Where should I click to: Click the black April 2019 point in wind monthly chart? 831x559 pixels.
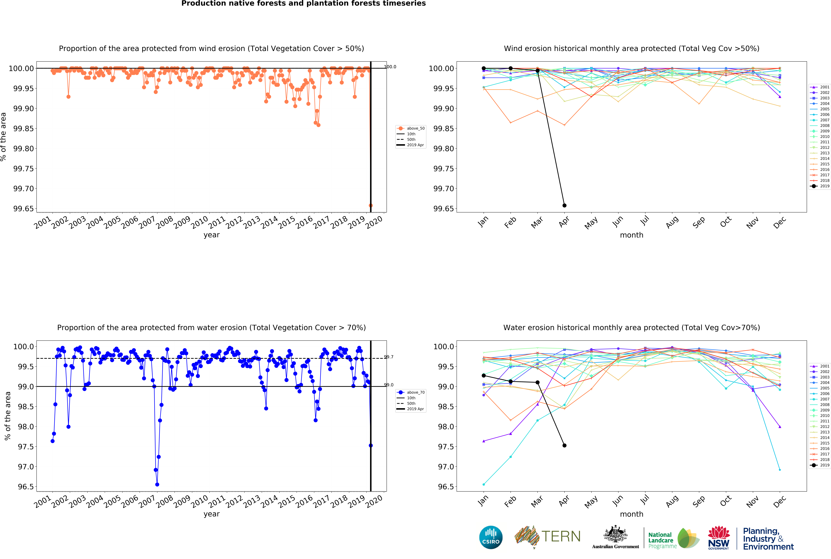pyautogui.click(x=564, y=205)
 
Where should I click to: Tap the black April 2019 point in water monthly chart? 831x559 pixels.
pyautogui.click(x=564, y=445)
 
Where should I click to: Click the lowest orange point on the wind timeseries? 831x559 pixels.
pyautogui.click(x=370, y=205)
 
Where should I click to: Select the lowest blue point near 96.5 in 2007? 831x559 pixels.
pyautogui.click(x=157, y=484)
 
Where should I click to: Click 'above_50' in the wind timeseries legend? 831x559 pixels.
pyautogui.click(x=416, y=128)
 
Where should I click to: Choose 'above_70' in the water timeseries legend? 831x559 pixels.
pyautogui.click(x=416, y=392)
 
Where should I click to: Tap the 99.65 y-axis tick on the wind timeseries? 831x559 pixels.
pyautogui.click(x=24, y=209)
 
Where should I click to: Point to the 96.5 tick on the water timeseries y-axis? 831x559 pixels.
pyautogui.click(x=26, y=487)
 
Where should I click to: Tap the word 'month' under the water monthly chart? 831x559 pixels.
pyautogui.click(x=632, y=514)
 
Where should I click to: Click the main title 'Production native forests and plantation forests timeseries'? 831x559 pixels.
pyautogui.click(x=304, y=4)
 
